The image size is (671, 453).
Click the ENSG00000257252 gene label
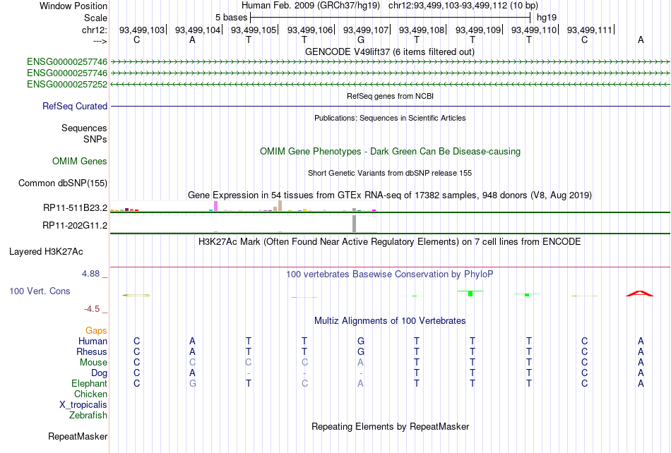[x=67, y=84]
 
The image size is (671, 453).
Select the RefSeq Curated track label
[x=75, y=106]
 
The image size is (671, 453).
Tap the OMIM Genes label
[x=80, y=161]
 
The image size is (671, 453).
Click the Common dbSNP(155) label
[x=63, y=183]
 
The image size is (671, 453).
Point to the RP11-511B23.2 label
[x=76, y=207]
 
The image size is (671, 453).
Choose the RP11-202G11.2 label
[x=75, y=225]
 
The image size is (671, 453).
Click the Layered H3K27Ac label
[x=46, y=251]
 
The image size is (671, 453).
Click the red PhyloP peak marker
[x=640, y=294]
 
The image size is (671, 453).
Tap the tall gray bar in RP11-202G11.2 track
[x=355, y=224]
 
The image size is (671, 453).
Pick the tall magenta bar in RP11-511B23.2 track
[x=215, y=206]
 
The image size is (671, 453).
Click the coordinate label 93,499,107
[x=366, y=30]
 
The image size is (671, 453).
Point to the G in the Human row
[x=361, y=341]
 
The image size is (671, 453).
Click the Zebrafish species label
[x=88, y=415]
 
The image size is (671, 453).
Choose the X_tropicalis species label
[x=83, y=405]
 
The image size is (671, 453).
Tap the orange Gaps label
[x=96, y=330]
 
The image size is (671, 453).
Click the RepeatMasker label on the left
[x=78, y=436]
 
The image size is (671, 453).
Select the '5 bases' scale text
[x=231, y=18]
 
